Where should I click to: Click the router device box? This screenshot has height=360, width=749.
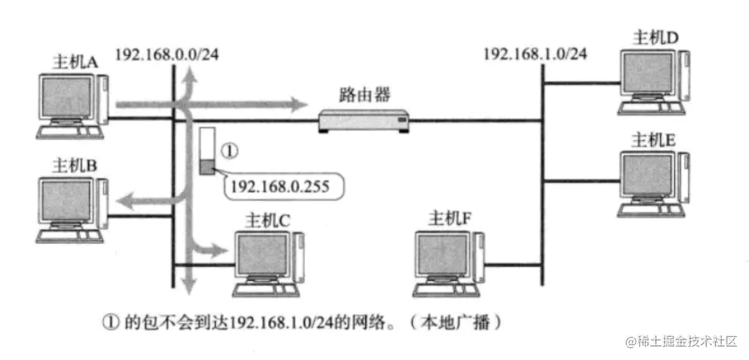362,121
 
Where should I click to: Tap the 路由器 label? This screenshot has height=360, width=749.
362,93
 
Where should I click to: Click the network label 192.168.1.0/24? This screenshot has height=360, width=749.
535,55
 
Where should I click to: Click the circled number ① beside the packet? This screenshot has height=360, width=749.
230,150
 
